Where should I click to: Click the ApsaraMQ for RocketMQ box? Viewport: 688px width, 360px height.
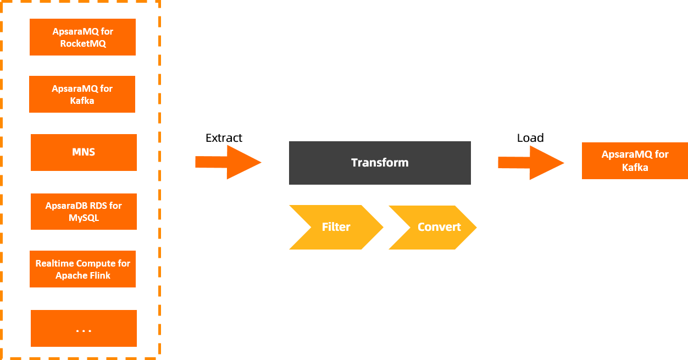click(x=82, y=37)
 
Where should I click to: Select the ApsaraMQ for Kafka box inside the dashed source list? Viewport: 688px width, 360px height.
click(x=82, y=95)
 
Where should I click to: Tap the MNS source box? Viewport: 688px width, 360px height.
click(x=84, y=152)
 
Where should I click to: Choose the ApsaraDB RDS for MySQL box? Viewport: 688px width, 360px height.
click(x=84, y=212)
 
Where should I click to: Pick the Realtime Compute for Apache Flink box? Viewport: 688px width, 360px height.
click(x=82, y=269)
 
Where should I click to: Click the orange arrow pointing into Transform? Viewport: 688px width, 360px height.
click(x=228, y=162)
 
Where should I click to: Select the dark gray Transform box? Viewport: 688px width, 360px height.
click(x=380, y=163)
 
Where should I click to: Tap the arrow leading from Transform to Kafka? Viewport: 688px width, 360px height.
click(x=531, y=162)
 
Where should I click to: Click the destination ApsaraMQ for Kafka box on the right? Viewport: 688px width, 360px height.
click(x=635, y=161)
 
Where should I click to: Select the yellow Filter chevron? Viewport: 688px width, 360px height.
click(x=336, y=227)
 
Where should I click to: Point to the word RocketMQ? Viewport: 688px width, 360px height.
click(x=83, y=43)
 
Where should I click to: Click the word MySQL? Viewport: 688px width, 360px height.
click(x=84, y=218)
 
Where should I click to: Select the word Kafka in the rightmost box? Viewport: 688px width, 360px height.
click(x=635, y=167)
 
